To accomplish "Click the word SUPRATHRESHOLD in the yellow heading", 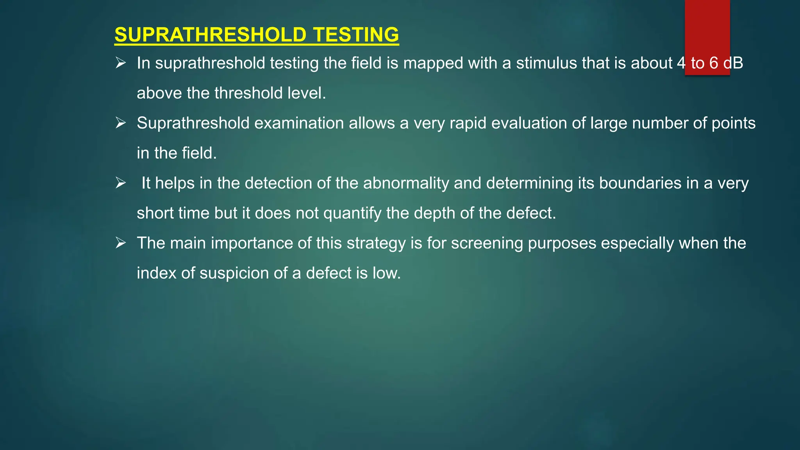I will pyautogui.click(x=210, y=35).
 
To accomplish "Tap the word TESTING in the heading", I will pyautogui.click(x=356, y=35).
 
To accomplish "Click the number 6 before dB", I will pyautogui.click(x=714, y=63).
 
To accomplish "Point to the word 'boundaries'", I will pyautogui.click(x=640, y=183).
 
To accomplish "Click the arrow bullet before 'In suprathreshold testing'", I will pyautogui.click(x=120, y=63).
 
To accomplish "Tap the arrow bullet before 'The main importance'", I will pyautogui.click(x=120, y=243).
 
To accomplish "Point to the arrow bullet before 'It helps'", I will pyautogui.click(x=120, y=183).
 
